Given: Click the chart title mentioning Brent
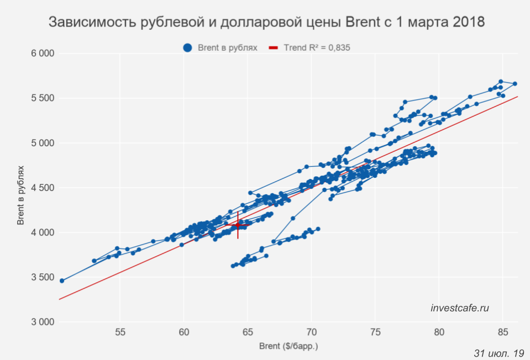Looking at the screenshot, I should coord(267,23).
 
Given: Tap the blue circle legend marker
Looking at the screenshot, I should coord(188,47).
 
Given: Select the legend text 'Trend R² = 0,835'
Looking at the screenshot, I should coord(317,47).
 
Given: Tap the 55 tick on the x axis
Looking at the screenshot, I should coord(120,332).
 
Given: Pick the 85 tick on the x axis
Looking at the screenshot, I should coord(502,332).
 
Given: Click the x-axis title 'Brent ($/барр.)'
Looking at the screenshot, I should coord(288,347).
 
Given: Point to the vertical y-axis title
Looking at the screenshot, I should coord(21,188).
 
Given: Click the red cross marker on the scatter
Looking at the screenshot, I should coord(238,225).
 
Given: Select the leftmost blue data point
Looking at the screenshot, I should coord(62,280).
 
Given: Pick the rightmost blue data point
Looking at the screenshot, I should coord(515,84).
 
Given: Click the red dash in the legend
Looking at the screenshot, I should coord(272,47).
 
